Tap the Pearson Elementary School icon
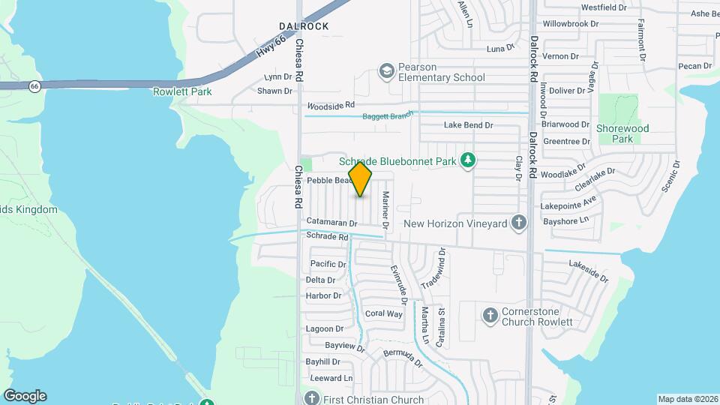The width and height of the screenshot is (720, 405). (x=387, y=70)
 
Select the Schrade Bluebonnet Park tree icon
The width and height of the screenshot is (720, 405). (x=468, y=159)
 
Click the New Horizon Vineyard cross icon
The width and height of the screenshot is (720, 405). (x=518, y=223)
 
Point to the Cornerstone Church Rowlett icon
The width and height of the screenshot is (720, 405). (x=490, y=315)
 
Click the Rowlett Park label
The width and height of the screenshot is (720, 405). (x=182, y=91)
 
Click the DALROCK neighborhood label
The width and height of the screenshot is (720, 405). (x=305, y=26)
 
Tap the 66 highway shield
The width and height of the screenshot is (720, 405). (x=34, y=86)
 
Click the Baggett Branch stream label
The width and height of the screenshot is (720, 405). (x=388, y=116)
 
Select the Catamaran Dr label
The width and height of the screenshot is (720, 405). (x=331, y=222)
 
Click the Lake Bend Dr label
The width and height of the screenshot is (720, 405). (x=468, y=125)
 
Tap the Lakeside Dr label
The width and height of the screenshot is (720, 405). (x=589, y=270)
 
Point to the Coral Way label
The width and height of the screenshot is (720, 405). (x=383, y=313)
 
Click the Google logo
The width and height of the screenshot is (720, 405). (x=25, y=396)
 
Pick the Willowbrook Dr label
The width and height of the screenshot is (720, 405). (x=571, y=24)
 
